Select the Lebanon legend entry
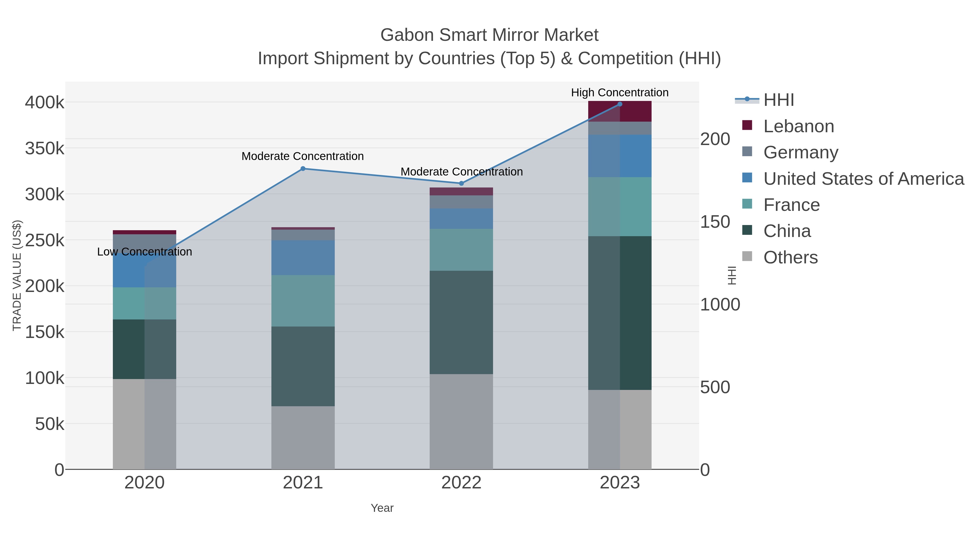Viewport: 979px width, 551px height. click(x=798, y=126)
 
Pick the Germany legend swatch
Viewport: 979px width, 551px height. click(x=747, y=151)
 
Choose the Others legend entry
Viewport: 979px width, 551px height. click(x=791, y=257)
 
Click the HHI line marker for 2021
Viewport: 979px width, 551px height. click(x=303, y=168)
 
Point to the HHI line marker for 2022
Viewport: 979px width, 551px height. click(x=461, y=183)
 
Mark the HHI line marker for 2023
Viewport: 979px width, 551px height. click(x=620, y=104)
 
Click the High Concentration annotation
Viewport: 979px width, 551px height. click(x=619, y=93)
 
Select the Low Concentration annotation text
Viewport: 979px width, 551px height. click(x=144, y=252)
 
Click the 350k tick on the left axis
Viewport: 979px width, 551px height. click(x=45, y=148)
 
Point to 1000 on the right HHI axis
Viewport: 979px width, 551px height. click(x=720, y=304)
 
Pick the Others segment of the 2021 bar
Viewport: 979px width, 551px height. click(x=303, y=437)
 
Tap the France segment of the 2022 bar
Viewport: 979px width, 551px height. click(x=461, y=250)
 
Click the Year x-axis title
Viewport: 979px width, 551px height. click(x=382, y=508)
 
